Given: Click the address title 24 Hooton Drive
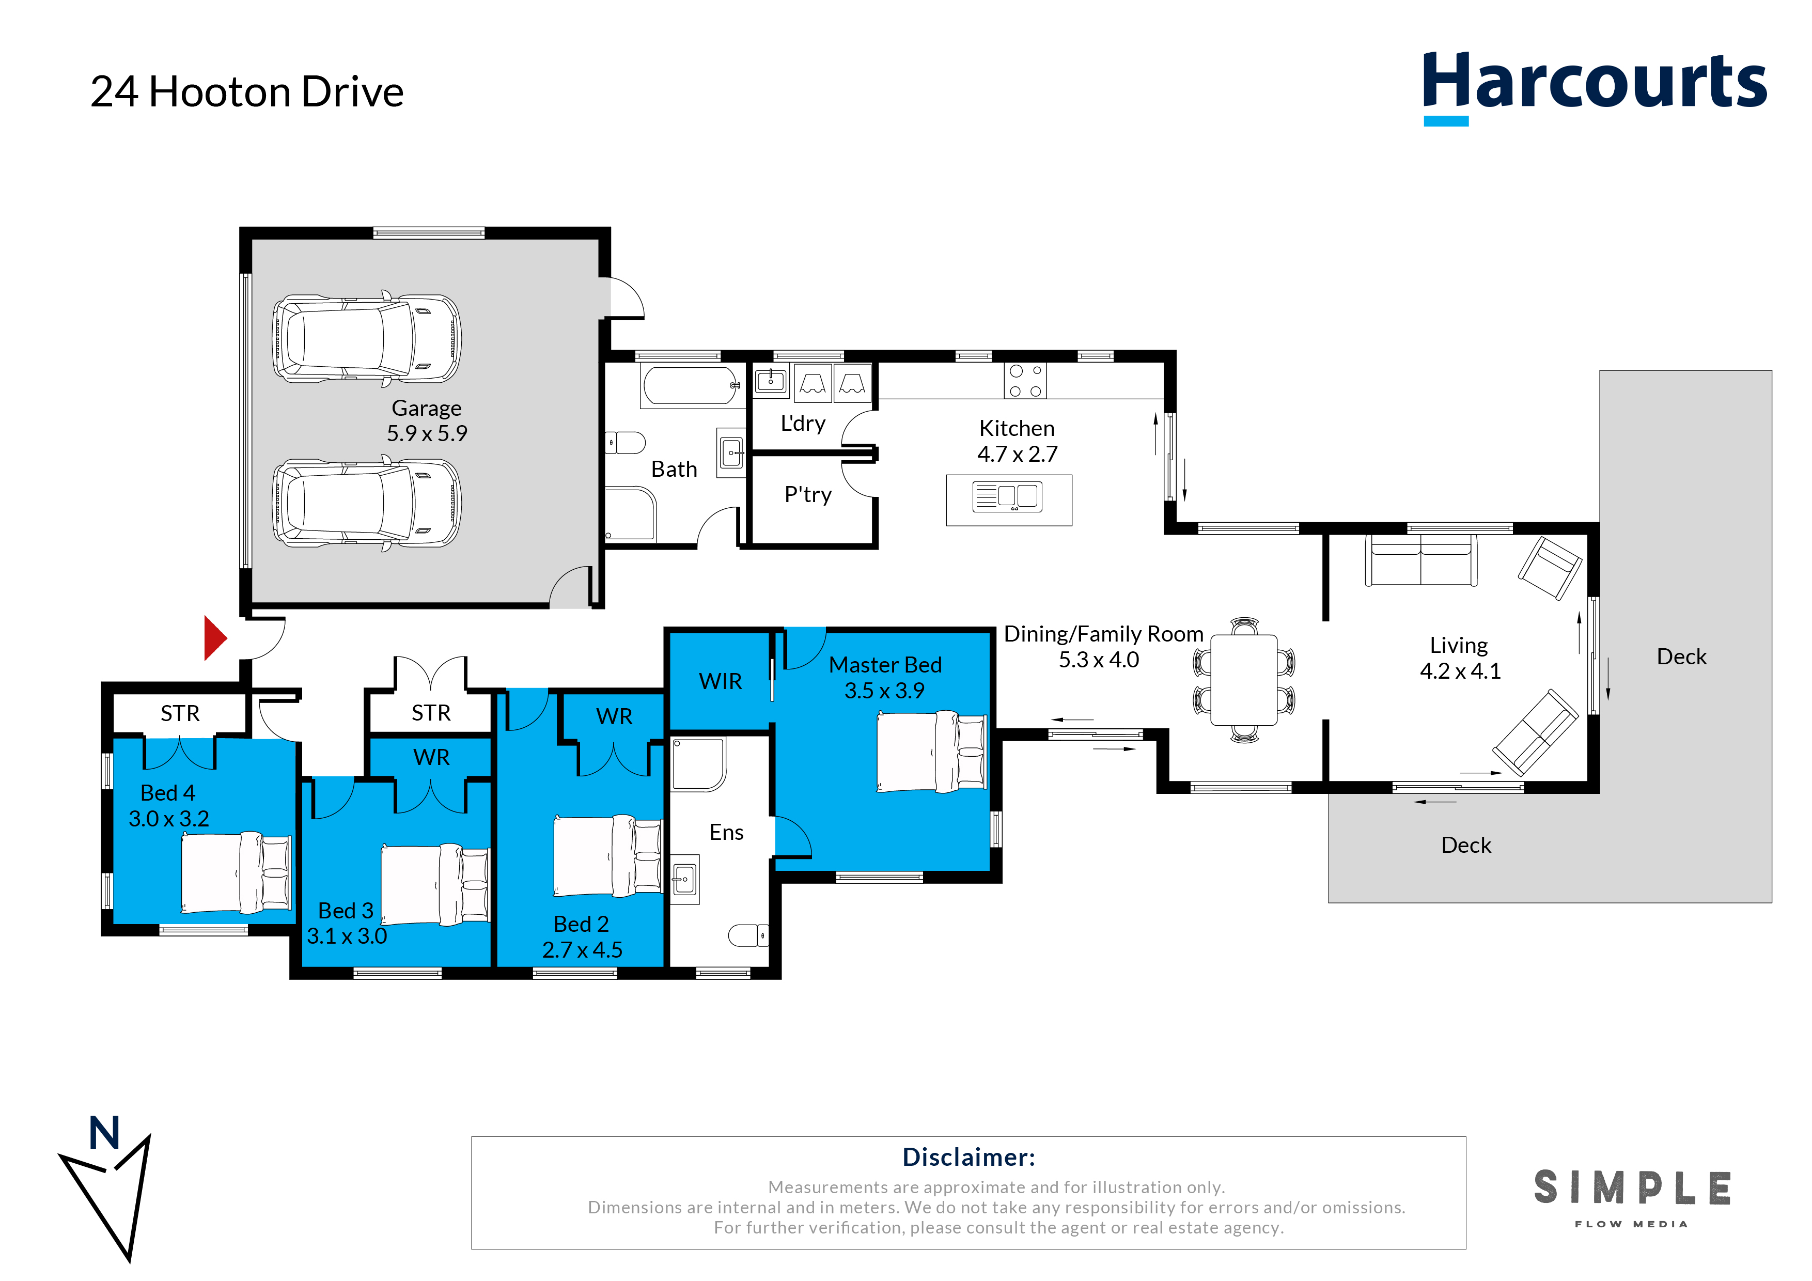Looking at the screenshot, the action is coord(247,91).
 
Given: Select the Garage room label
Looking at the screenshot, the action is coord(426,408).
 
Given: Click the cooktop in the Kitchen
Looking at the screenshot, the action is coord(1025,381).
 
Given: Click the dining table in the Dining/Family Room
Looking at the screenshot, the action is coord(1244,680).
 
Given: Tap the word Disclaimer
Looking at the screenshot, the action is coord(969,1157).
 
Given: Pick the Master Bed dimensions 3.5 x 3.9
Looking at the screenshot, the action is coord(885,691).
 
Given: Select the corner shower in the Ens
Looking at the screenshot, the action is coord(698,764).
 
